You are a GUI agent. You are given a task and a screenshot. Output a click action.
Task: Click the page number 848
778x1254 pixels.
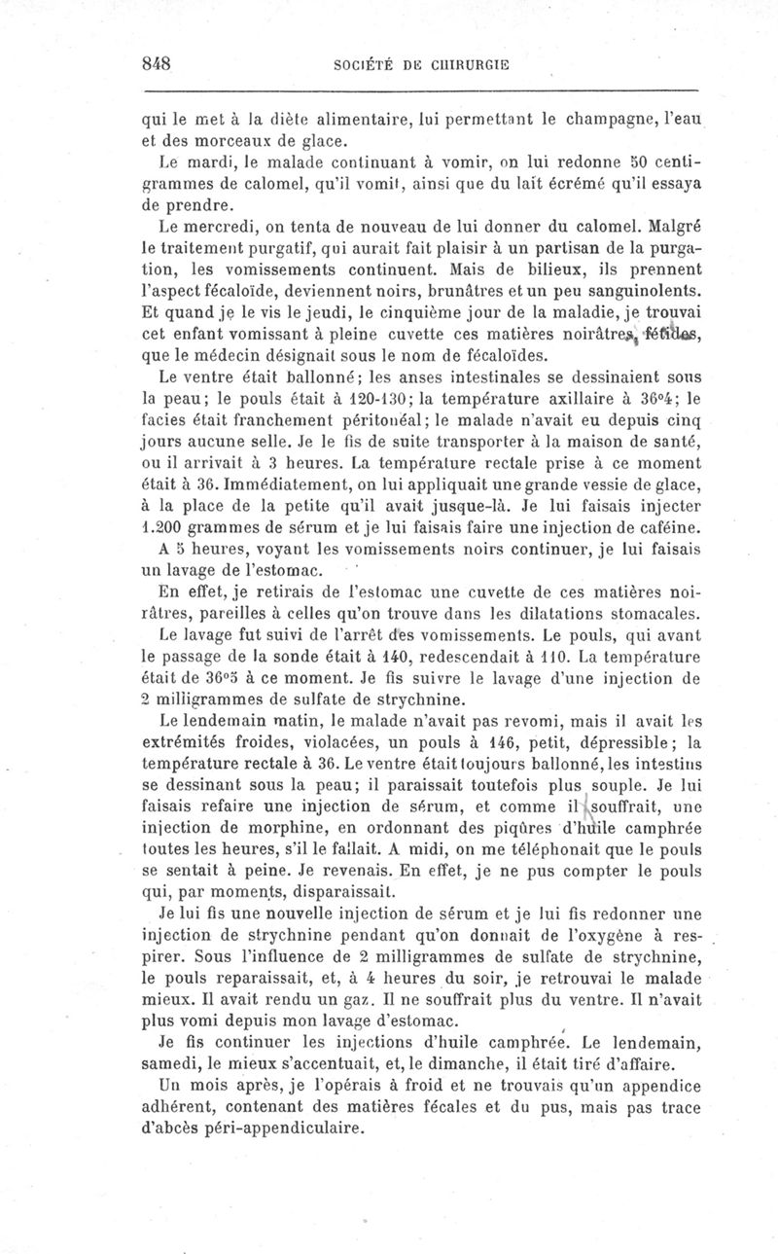157,64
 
